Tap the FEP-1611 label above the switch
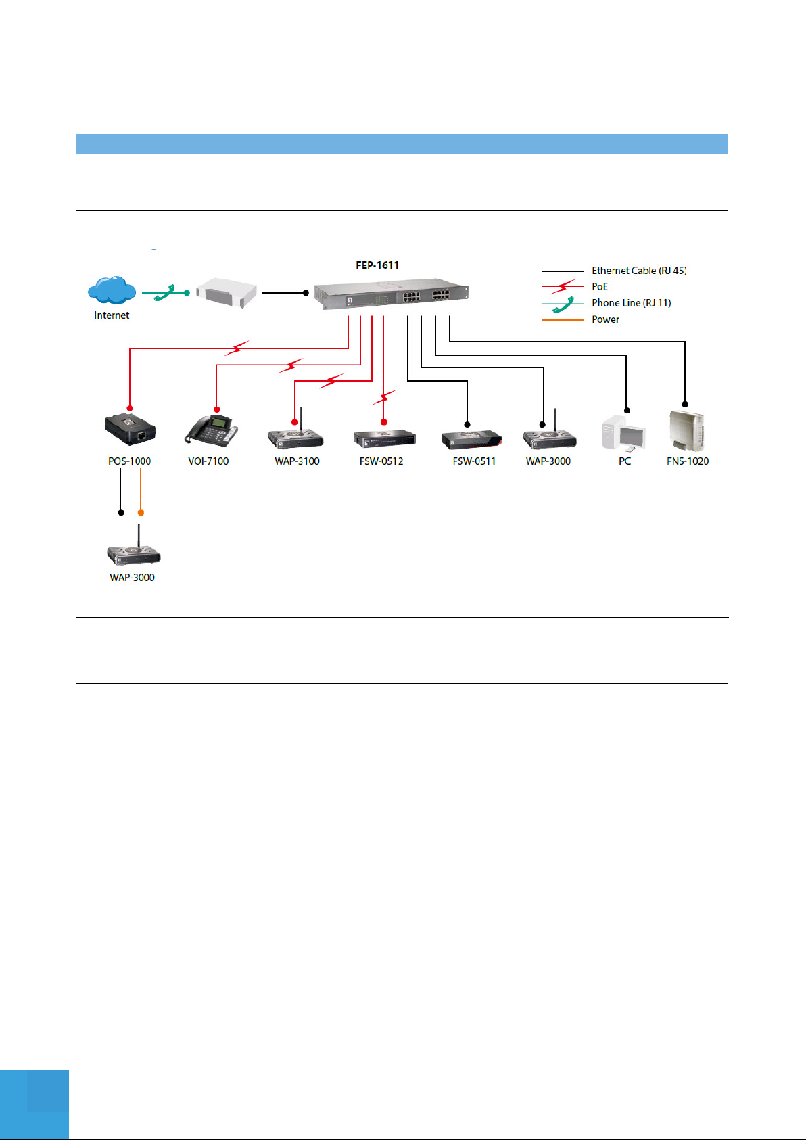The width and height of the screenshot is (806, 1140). click(x=377, y=265)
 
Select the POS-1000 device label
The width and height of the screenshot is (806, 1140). click(x=130, y=461)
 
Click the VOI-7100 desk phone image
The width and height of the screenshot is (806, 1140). click(x=211, y=430)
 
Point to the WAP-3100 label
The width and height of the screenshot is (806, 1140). click(x=297, y=461)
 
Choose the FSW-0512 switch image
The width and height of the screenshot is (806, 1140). click(x=385, y=438)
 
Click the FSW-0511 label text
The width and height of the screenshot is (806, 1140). click(x=474, y=461)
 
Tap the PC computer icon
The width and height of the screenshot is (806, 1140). click(x=623, y=434)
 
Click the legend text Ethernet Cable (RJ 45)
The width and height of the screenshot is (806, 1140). click(x=639, y=271)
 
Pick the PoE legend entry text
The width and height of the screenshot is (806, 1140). click(x=600, y=287)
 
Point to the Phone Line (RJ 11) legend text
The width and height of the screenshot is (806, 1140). click(x=631, y=303)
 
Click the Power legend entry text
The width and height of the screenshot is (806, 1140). click(x=605, y=319)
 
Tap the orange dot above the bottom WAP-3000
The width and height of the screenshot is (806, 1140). click(x=141, y=512)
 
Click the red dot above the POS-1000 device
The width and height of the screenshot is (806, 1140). click(x=130, y=408)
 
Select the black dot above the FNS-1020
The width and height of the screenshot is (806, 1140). click(x=685, y=404)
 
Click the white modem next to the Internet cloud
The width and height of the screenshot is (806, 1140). click(x=227, y=292)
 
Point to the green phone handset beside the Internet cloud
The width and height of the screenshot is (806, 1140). click(x=164, y=293)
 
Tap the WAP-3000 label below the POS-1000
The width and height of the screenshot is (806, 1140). click(x=133, y=578)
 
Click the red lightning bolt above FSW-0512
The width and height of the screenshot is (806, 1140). click(x=385, y=396)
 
